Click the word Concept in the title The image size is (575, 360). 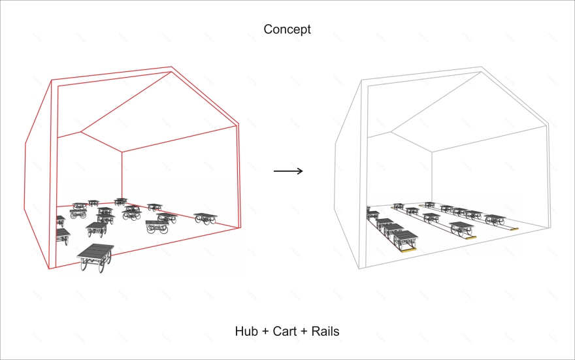287,29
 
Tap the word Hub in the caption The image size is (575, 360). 247,331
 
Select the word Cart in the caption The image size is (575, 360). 285,331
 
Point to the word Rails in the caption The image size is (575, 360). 325,331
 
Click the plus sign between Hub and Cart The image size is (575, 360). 266,331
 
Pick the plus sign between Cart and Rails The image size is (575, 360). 304,331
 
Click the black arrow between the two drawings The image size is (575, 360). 288,171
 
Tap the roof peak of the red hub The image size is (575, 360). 171,67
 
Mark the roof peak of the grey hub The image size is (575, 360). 481,67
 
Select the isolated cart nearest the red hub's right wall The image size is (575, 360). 205,218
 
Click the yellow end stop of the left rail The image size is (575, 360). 408,250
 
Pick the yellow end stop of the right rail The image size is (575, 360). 514,229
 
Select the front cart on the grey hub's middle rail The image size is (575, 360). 462,229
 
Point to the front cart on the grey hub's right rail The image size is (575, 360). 495,220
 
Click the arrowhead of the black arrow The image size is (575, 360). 300,171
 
